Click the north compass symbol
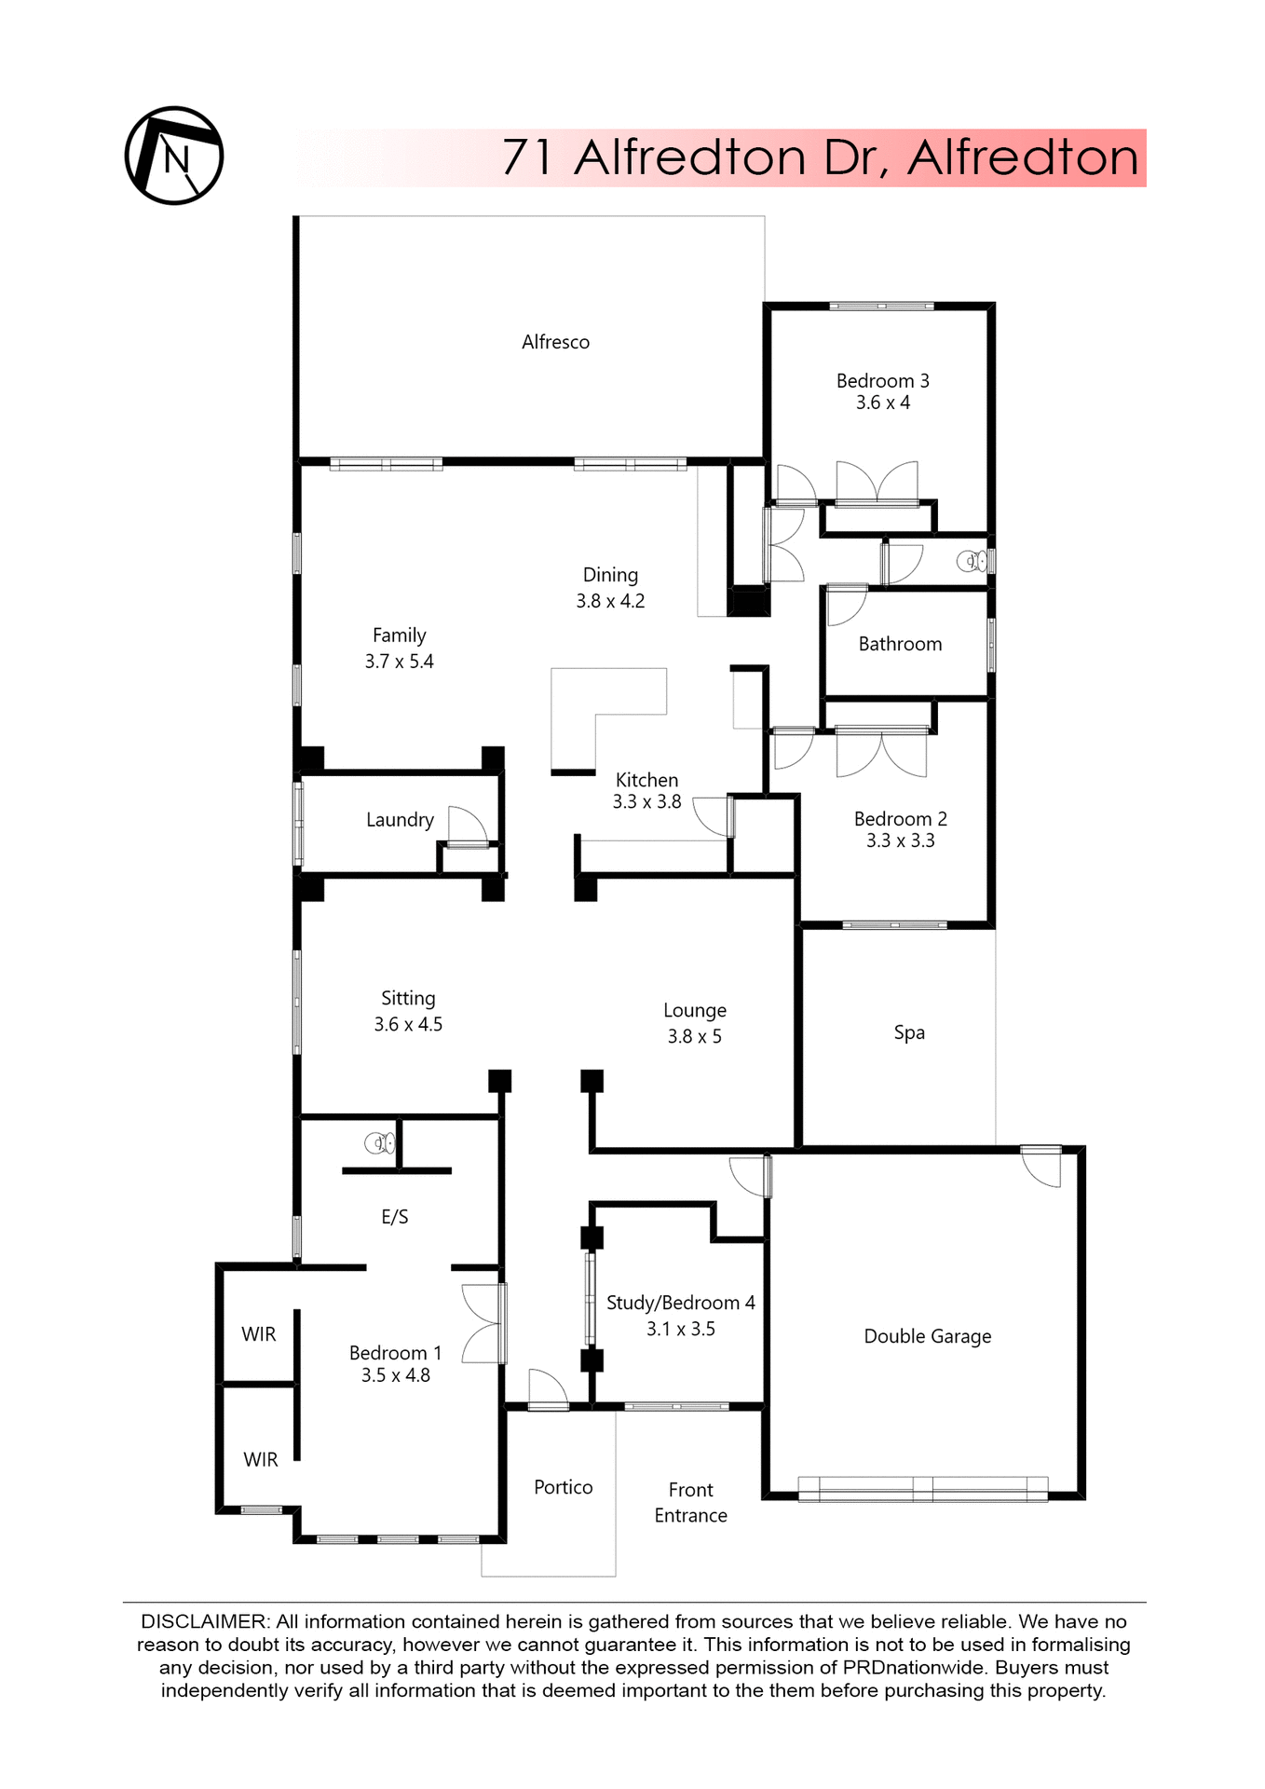pyautogui.click(x=174, y=156)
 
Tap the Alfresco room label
pyautogui.click(x=555, y=342)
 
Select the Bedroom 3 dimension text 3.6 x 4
pyautogui.click(x=883, y=403)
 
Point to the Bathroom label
pyautogui.click(x=900, y=644)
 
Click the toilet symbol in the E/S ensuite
pyautogui.click(x=379, y=1142)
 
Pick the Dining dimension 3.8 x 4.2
pyautogui.click(x=610, y=601)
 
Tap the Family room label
pyautogui.click(x=399, y=635)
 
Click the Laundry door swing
pyautogui.click(x=467, y=826)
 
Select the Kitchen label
pyautogui.click(x=646, y=780)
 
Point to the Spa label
pyautogui.click(x=909, y=1032)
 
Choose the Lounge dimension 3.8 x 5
pyautogui.click(x=694, y=1036)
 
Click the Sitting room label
pyautogui.click(x=408, y=998)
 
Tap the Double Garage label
pyautogui.click(x=927, y=1336)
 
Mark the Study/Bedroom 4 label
pyautogui.click(x=680, y=1303)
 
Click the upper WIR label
pyautogui.click(x=259, y=1334)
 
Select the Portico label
pyautogui.click(x=563, y=1487)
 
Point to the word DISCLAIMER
pyautogui.click(x=204, y=1622)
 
